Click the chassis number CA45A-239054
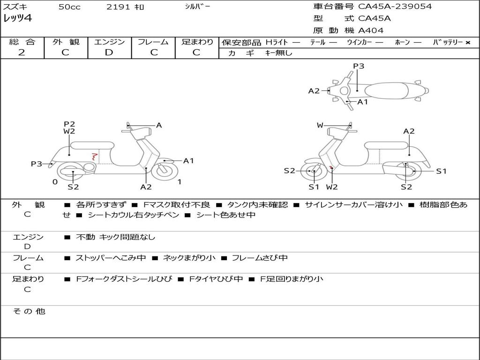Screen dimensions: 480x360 [x=395, y=7]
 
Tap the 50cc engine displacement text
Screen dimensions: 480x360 [x=69, y=7]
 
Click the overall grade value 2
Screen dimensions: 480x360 [x=22, y=52]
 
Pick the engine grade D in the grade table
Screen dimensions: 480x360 [x=109, y=52]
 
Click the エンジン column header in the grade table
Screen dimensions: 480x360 [x=109, y=42]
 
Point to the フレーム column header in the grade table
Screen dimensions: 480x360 [x=153, y=42]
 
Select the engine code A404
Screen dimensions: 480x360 [x=371, y=30]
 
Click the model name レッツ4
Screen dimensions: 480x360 [x=17, y=19]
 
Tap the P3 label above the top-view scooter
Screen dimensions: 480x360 [x=359, y=66]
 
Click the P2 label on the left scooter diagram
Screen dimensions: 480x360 [x=69, y=124]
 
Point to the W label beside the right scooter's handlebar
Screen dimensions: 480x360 [x=320, y=125]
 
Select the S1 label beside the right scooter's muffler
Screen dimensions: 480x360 [x=442, y=171]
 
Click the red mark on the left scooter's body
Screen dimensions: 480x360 [x=95, y=157]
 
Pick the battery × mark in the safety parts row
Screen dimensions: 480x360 [x=467, y=42]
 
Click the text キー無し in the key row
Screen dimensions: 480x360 [x=278, y=53]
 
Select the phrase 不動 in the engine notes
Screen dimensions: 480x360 [x=85, y=237]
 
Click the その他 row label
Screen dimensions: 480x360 [x=29, y=311]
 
